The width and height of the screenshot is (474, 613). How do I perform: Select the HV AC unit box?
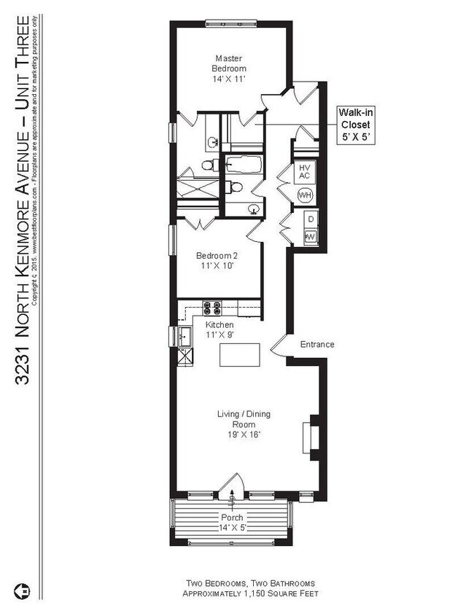pyautogui.click(x=305, y=172)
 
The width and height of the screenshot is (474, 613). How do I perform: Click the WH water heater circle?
pyautogui.click(x=305, y=195)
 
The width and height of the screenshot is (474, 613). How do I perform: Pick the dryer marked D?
pyautogui.click(x=310, y=219)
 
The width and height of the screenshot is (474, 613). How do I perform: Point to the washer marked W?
pyautogui.click(x=310, y=236)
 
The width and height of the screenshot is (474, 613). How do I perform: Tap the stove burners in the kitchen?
pyautogui.click(x=212, y=308)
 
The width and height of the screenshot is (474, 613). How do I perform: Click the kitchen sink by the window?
pyautogui.click(x=184, y=337)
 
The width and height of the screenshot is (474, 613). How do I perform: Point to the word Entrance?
pyautogui.click(x=316, y=344)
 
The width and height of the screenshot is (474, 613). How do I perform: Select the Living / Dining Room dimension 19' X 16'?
pyautogui.click(x=244, y=434)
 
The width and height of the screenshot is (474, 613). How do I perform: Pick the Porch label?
pyautogui.click(x=233, y=518)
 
